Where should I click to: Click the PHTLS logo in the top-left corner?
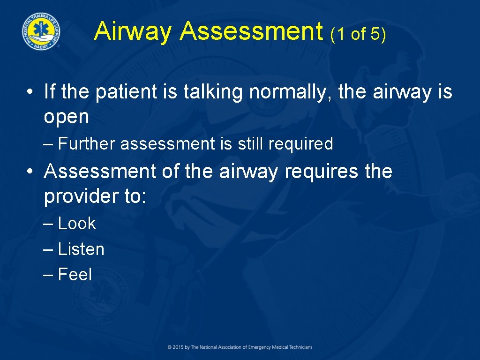tap(40, 30)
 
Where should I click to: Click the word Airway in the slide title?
tap(133, 31)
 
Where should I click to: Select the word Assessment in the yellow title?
tap(251, 31)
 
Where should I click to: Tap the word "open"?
tap(66, 117)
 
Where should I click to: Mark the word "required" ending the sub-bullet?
tap(300, 144)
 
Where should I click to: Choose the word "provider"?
tap(81, 197)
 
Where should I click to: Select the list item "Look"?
tap(77, 224)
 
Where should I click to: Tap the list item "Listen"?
tap(81, 249)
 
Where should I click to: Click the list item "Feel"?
tap(75, 274)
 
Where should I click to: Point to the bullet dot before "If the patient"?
tap(30, 92)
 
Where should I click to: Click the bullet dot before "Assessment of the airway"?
tap(30, 172)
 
